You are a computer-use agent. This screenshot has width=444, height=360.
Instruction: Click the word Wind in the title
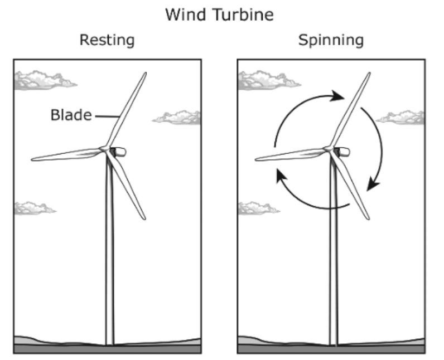(x=186, y=14)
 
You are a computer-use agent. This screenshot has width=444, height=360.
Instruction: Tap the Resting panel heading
(x=107, y=40)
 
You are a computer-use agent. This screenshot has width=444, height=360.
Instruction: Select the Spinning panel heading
(x=331, y=40)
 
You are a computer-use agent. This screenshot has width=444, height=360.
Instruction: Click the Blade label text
(x=71, y=115)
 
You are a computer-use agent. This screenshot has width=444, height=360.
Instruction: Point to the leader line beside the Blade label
(x=107, y=116)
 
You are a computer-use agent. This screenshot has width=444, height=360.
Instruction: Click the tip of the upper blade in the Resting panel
(x=146, y=73)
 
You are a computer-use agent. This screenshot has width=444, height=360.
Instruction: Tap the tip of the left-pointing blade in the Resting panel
(x=32, y=160)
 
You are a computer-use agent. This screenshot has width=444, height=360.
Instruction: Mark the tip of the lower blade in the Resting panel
(x=144, y=218)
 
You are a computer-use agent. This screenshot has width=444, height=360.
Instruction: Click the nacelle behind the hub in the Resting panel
(x=118, y=152)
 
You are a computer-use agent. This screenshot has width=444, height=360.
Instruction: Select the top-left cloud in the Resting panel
(x=45, y=80)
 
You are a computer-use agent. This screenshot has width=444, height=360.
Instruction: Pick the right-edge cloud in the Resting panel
(x=177, y=118)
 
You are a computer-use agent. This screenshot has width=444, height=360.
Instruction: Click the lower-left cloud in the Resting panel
(x=35, y=208)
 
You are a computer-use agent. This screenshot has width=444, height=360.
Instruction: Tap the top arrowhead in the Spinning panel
(x=337, y=96)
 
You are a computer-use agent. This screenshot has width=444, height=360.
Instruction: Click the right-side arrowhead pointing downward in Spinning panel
(x=373, y=184)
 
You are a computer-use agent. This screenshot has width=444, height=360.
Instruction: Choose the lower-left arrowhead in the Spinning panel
(x=282, y=176)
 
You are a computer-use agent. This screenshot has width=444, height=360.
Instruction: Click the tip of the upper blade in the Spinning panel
(x=369, y=73)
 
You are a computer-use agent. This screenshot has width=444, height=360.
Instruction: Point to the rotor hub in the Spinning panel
(x=329, y=149)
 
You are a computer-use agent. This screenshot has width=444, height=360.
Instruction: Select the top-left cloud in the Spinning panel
(x=268, y=80)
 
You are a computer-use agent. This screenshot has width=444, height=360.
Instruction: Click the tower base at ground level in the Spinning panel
(x=334, y=344)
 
